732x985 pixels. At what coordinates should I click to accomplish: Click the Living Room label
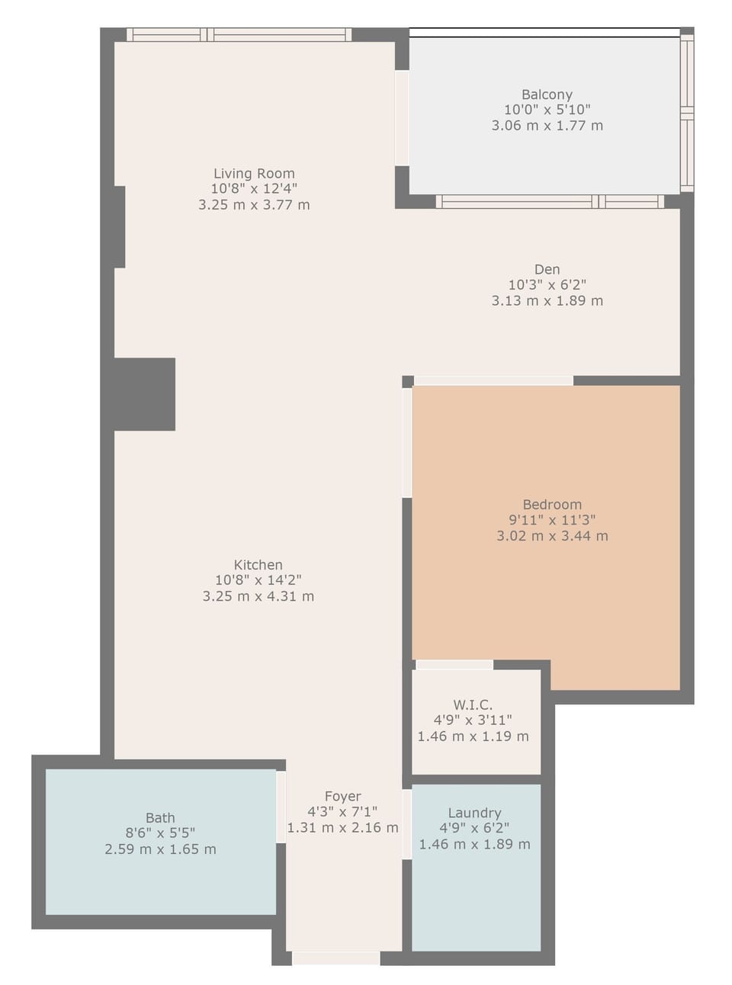[x=254, y=174]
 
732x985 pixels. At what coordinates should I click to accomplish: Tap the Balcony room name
[x=547, y=95]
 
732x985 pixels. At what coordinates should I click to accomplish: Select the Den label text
[x=547, y=269]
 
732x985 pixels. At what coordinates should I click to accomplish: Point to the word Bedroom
[x=552, y=505]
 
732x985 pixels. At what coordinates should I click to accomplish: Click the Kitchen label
[x=258, y=565]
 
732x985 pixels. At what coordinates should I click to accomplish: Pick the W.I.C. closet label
[x=473, y=704]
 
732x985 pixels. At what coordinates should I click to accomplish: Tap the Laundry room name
[x=474, y=813]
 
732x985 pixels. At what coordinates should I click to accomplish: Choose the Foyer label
[x=342, y=796]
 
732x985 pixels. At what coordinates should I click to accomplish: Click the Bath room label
[x=160, y=818]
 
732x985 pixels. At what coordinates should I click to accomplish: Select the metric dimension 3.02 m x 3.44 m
[x=552, y=536]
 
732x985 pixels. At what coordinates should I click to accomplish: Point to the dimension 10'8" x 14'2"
[x=258, y=581]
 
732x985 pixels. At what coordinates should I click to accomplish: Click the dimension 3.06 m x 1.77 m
[x=547, y=126]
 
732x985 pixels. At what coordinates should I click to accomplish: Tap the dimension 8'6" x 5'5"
[x=160, y=833]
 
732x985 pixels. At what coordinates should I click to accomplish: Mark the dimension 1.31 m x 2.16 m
[x=342, y=828]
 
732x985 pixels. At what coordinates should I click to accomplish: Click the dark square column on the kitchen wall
[x=144, y=394]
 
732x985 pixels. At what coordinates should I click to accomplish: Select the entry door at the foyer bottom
[x=335, y=958]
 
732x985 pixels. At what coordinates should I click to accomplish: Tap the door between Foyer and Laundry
[x=407, y=824]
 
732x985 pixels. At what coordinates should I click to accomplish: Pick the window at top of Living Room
[x=239, y=34]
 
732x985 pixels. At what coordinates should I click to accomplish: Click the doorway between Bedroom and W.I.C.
[x=454, y=665]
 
